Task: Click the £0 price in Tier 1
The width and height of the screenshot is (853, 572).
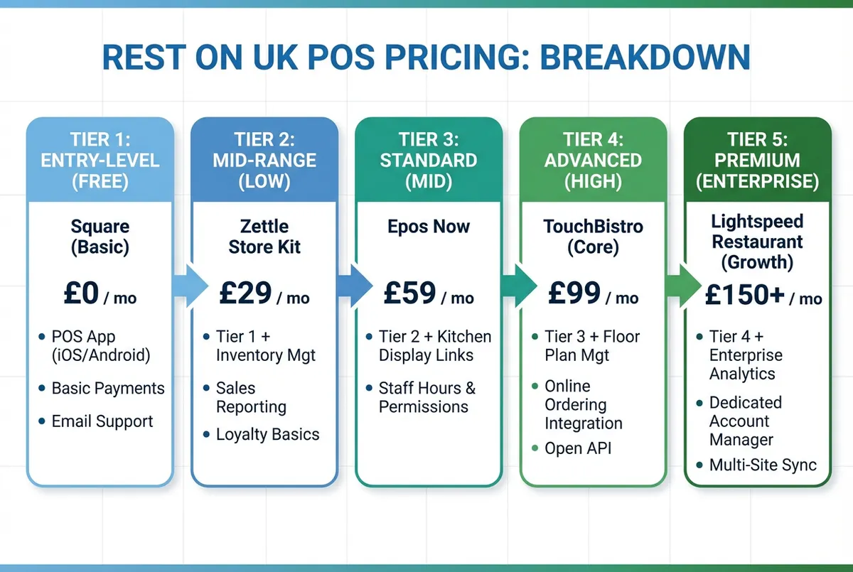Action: click(x=82, y=293)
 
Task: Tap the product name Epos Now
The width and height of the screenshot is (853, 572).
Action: click(x=429, y=227)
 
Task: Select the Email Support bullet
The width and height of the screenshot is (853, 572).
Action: click(x=102, y=421)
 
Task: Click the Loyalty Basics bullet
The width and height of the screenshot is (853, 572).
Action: click(x=267, y=435)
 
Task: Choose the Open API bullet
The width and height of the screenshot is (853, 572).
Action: click(x=577, y=448)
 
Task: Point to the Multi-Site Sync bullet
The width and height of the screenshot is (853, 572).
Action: click(x=763, y=466)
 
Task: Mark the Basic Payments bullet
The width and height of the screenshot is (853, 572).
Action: click(x=108, y=389)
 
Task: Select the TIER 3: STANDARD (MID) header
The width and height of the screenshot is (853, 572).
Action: click(x=429, y=161)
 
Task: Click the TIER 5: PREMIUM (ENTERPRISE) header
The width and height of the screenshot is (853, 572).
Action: click(x=758, y=160)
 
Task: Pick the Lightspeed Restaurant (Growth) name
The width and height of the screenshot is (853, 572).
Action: click(x=757, y=242)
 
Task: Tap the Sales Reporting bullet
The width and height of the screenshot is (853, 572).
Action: click(x=251, y=397)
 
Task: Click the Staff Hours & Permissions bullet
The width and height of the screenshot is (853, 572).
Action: click(x=426, y=398)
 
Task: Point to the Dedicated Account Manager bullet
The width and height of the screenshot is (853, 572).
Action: click(x=745, y=421)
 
